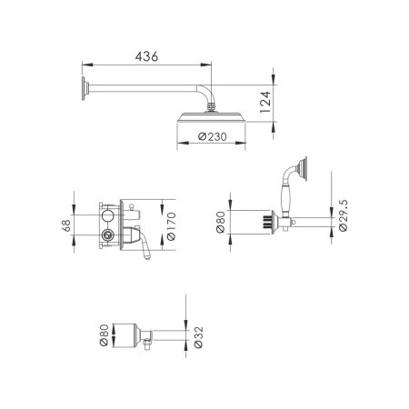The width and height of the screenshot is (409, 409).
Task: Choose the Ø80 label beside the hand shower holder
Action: pos(221,222)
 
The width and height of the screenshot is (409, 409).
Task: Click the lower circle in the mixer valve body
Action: pos(110,235)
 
